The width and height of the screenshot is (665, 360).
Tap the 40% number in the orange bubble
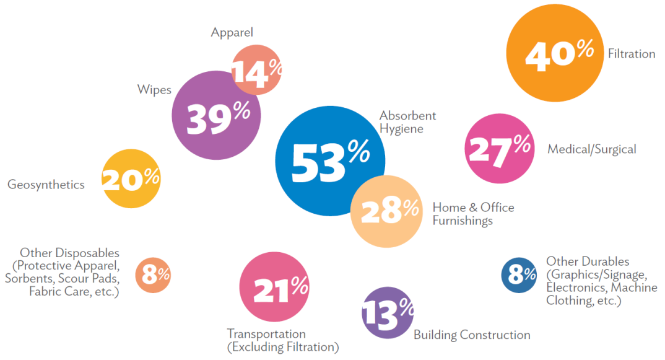coord(559,53)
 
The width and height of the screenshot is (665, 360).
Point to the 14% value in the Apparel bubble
coord(256,72)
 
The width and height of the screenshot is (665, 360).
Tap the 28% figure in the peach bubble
coord(389,211)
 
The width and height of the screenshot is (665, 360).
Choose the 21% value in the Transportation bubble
coord(280,288)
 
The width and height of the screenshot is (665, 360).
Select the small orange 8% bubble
coord(153,274)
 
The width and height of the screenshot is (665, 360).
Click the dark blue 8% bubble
coord(518,274)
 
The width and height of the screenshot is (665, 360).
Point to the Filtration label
coord(631,54)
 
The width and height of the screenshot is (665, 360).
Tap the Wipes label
coord(154,90)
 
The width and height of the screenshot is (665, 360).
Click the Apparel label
coord(232,32)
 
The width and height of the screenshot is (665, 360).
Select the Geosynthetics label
coord(46,185)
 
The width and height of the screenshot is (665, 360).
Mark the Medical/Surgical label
coord(591,149)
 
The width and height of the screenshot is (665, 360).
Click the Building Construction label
coord(472,335)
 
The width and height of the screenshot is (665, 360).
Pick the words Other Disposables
coord(69,253)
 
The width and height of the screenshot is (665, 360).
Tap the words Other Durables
coord(587,261)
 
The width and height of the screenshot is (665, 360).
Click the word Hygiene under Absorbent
coord(401,129)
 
